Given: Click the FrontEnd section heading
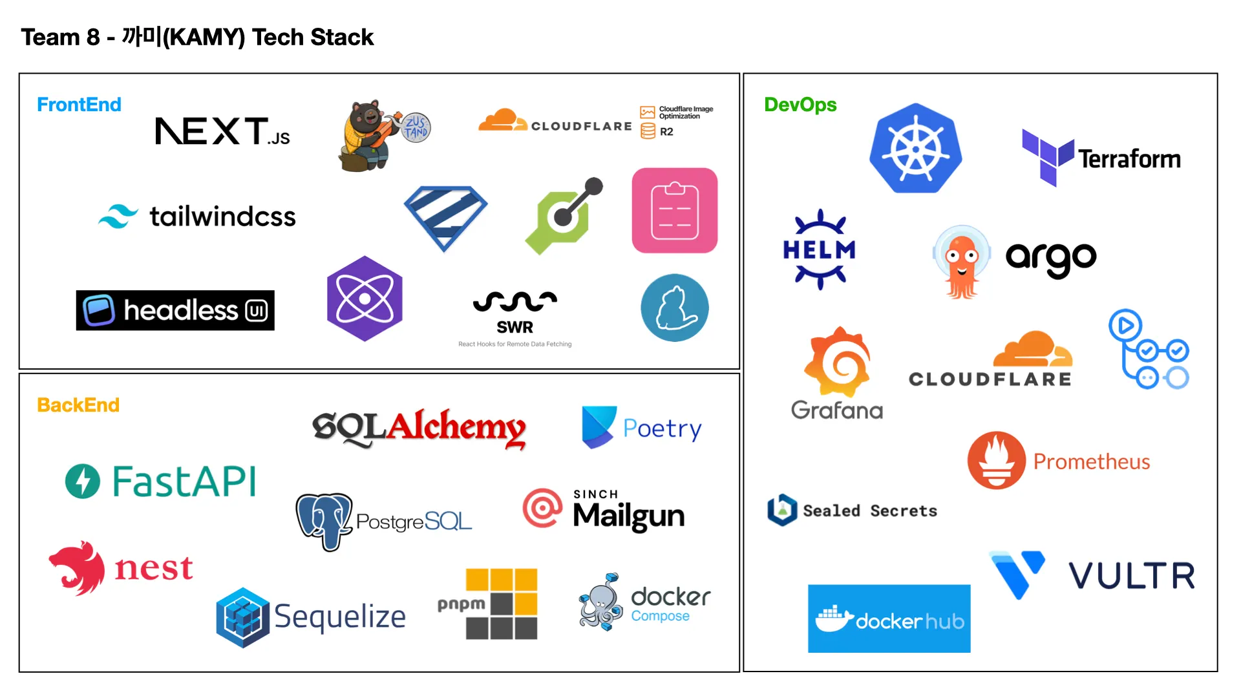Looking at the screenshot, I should coord(79,105).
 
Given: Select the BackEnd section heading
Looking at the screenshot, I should coord(78,405).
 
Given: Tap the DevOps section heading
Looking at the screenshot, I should coord(800,105).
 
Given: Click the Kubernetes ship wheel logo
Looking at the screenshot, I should coord(915,149).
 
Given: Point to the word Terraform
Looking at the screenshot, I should coord(1129,159).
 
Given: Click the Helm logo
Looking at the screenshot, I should coord(820,249).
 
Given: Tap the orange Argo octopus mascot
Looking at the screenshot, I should coord(962,262).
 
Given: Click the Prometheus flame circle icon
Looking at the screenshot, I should coord(996,460).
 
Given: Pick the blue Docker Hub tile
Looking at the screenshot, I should coord(889,619).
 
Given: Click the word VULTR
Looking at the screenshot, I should coord(1132,576).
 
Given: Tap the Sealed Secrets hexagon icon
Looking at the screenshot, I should coord(782,510).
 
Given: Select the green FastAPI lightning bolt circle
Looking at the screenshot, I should coord(83,481).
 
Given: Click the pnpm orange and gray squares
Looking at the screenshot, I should coord(502,604).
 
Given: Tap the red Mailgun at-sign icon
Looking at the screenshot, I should coord(542,508).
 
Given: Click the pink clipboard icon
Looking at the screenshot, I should coord(674,211).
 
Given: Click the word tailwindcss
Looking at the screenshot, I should coord(222,217).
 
